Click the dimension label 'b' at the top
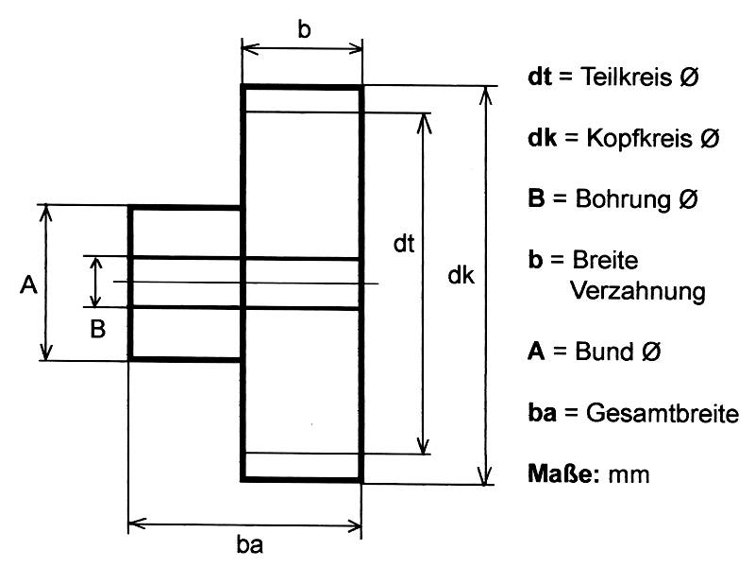click(304, 29)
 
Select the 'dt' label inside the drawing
click(404, 244)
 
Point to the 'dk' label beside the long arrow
click(461, 277)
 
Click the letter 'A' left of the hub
click(27, 284)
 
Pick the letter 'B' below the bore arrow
click(97, 330)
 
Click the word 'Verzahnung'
click(638, 291)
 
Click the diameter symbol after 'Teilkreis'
click(689, 77)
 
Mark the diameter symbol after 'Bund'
click(650, 352)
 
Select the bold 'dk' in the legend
click(541, 138)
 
